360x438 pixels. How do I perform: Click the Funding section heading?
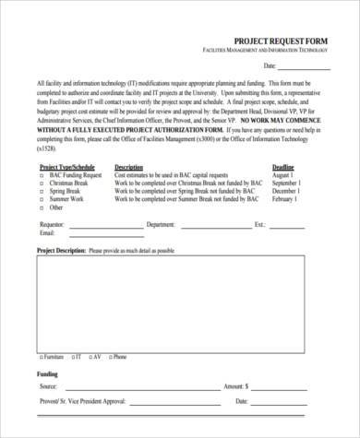tap(48, 375)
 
